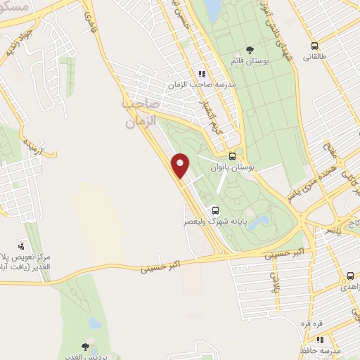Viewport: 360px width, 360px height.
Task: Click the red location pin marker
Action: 181,166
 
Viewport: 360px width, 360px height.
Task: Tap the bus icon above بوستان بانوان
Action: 233,156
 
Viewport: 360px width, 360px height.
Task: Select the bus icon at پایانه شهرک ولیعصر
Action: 214,210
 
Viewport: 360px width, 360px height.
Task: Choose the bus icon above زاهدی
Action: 349,276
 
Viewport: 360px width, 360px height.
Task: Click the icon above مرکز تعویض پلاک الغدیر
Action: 21,247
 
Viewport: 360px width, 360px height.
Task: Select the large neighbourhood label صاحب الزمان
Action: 140,112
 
